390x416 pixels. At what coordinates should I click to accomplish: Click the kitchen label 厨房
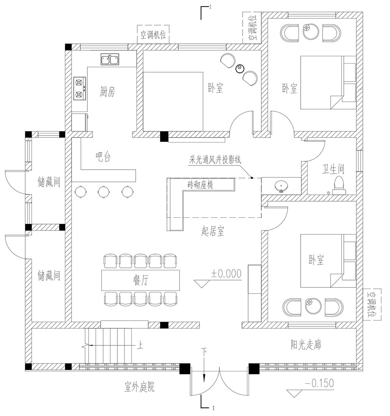pyautogui.click(x=108, y=92)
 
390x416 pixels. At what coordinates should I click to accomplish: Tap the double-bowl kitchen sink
pyautogui.click(x=110, y=59)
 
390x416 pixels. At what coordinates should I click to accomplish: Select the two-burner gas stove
pyautogui.click(x=80, y=88)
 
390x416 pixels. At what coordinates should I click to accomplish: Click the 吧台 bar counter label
pyautogui.click(x=103, y=157)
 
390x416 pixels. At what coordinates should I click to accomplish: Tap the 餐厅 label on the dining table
pyautogui.click(x=141, y=280)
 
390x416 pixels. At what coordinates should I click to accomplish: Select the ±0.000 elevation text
pyautogui.click(x=226, y=274)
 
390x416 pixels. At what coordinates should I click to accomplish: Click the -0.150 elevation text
pyautogui.click(x=319, y=383)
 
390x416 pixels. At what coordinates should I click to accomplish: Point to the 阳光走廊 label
pyautogui.click(x=306, y=345)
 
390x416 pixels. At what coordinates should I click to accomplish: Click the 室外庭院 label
pyautogui.click(x=139, y=387)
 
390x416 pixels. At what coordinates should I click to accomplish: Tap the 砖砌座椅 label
pyautogui.click(x=200, y=184)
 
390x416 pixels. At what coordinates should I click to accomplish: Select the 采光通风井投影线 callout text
pyautogui.click(x=215, y=160)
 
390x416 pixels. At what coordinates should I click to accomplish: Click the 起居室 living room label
pyautogui.click(x=212, y=231)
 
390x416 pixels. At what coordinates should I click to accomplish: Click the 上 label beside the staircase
pyautogui.click(x=140, y=345)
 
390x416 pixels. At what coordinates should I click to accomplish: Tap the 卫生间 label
pyautogui.click(x=333, y=169)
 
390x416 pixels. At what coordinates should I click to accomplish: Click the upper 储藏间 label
pyautogui.click(x=49, y=182)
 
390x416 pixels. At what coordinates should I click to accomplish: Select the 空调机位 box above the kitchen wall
pyautogui.click(x=153, y=34)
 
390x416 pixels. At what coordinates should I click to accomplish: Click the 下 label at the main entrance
pyautogui.click(x=204, y=352)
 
